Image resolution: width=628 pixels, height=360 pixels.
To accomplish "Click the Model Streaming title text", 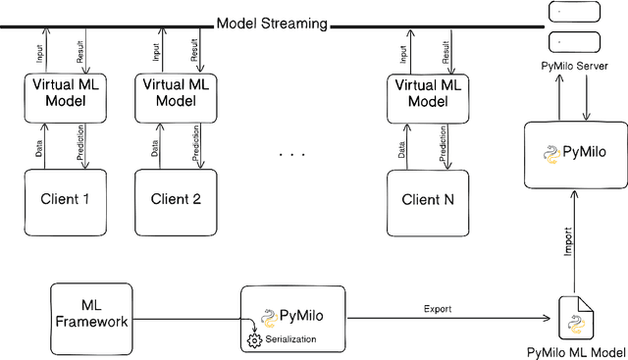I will click(x=271, y=23).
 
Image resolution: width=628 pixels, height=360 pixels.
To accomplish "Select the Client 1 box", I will click(x=66, y=199).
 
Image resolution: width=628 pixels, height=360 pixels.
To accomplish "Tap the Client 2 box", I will click(x=176, y=199).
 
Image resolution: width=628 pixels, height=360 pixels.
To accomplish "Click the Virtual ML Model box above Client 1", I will click(x=66, y=93).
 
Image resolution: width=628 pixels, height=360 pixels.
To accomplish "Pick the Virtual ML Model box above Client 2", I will click(x=177, y=93).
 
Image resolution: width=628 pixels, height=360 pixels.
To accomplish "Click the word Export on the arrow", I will click(x=438, y=309).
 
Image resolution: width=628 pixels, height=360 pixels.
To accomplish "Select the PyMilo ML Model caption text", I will click(x=576, y=352).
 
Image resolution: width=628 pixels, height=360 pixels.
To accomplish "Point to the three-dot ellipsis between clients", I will click(x=293, y=155).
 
